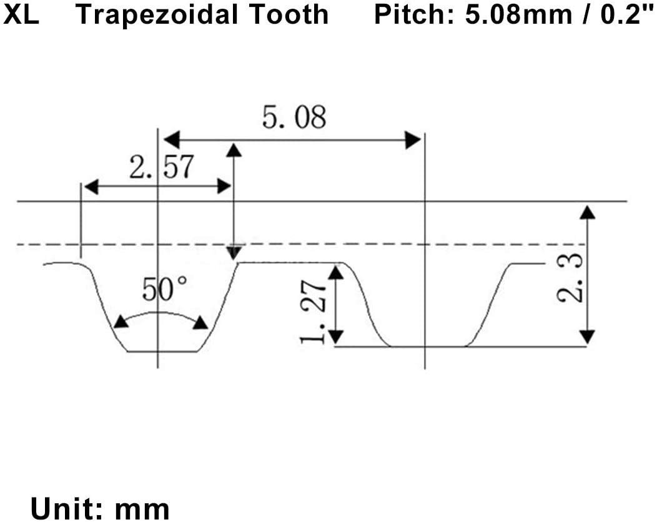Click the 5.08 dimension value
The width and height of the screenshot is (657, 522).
click(294, 117)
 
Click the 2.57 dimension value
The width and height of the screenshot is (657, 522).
click(161, 167)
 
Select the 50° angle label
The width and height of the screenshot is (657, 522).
click(164, 289)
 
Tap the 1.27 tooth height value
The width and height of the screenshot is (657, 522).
click(312, 310)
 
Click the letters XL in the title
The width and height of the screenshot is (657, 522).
click(21, 14)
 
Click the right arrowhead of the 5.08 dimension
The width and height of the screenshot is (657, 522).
click(412, 140)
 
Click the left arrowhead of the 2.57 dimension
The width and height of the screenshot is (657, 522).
click(91, 186)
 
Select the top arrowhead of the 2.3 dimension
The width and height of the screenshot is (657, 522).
click(586, 212)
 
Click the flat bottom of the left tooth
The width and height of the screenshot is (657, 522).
click(162, 351)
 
